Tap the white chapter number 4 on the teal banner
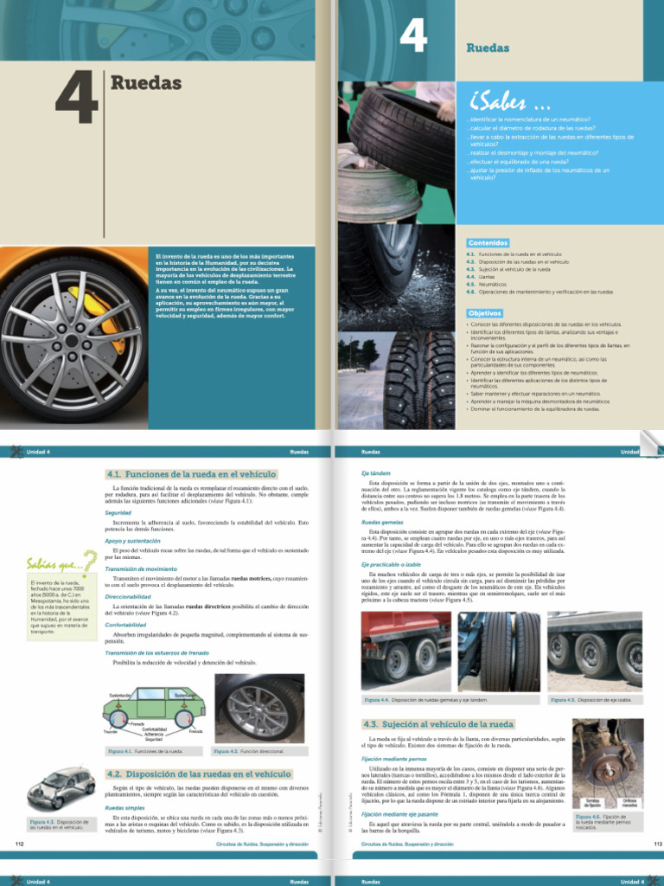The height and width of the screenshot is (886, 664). [414, 37]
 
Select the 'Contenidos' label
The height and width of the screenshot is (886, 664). [488, 242]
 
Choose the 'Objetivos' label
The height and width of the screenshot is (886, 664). [485, 312]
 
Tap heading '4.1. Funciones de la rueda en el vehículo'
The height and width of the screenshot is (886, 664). [191, 474]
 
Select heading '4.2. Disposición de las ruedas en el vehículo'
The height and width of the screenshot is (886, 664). [198, 774]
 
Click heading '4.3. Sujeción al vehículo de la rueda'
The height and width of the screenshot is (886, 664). [438, 723]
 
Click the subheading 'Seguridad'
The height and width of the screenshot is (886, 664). [118, 513]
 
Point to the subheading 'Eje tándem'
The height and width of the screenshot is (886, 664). [376, 473]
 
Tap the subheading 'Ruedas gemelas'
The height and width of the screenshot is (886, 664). [382, 523]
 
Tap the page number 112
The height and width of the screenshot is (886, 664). [20, 842]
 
